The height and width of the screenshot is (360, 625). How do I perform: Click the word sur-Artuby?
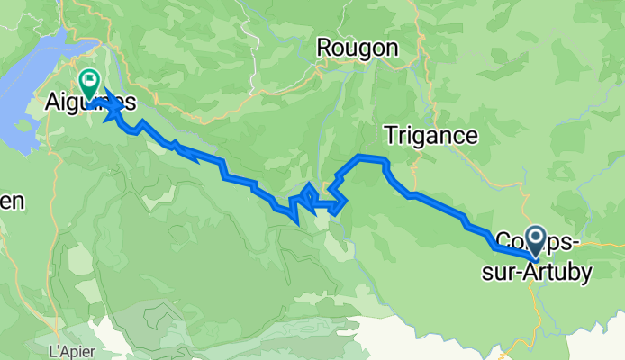point(548,270)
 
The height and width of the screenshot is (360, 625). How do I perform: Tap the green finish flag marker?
point(90,83)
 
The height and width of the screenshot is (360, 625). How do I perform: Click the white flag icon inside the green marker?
point(90,79)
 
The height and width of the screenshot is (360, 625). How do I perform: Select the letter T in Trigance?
point(391,136)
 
